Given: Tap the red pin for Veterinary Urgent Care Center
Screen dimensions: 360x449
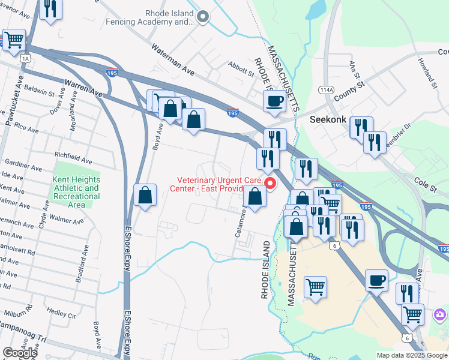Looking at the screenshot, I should [x=270, y=184].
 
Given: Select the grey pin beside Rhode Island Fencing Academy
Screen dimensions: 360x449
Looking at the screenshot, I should [x=203, y=17].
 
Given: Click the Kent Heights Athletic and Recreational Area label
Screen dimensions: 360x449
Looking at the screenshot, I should [x=76, y=192].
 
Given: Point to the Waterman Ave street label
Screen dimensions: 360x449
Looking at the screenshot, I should [x=173, y=59].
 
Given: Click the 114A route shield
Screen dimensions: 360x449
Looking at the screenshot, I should [x=326, y=90].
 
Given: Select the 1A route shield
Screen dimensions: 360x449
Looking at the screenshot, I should [x=25, y=58].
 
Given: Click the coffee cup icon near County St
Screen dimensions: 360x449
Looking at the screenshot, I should [x=274, y=101].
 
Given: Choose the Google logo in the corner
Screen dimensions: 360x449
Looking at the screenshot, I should [x=19, y=353].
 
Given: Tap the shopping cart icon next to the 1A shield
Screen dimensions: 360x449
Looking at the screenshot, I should [x=14, y=41].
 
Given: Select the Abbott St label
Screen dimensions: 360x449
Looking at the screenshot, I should [x=241, y=67].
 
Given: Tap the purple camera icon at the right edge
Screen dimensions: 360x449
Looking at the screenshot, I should [x=441, y=314].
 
